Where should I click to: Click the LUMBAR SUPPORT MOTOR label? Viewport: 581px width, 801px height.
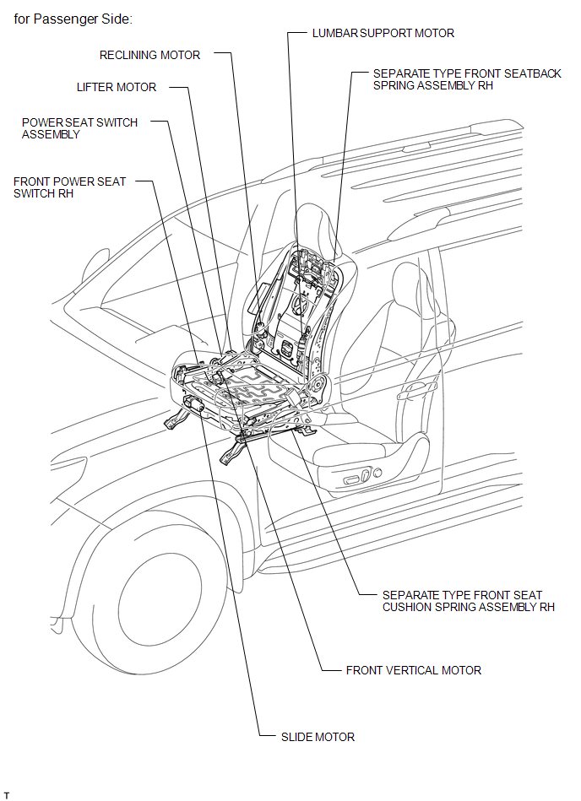click(383, 33)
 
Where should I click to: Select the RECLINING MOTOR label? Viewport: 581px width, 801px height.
click(149, 55)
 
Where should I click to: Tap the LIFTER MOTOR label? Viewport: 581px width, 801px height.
click(117, 87)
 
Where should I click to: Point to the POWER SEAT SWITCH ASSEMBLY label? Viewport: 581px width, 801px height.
click(79, 128)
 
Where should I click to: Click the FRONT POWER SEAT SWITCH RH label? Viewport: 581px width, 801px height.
click(69, 187)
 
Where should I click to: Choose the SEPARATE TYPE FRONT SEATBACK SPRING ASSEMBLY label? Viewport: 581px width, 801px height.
click(467, 79)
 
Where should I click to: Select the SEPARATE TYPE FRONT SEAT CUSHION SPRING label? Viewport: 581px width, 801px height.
click(469, 601)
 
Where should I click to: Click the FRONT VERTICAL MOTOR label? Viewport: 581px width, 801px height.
click(414, 670)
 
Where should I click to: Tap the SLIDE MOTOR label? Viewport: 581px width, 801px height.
click(318, 737)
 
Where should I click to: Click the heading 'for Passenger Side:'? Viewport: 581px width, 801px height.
click(73, 19)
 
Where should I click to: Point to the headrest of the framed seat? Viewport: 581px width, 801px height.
click(315, 227)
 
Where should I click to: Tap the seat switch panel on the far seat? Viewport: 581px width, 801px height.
click(363, 477)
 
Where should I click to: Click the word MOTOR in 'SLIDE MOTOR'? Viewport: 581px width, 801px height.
click(335, 737)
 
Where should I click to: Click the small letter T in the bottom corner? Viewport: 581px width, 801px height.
click(7, 795)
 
